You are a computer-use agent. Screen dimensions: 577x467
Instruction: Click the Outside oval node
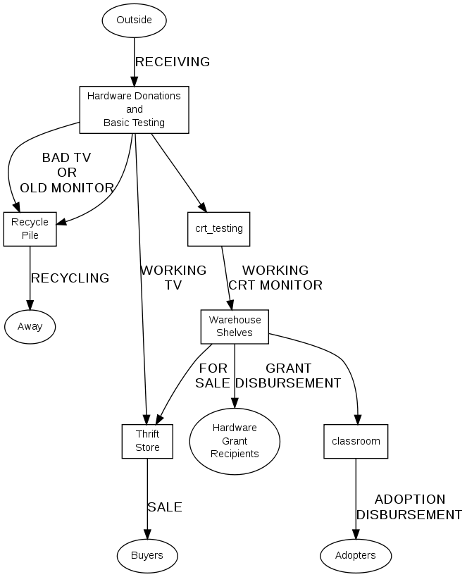[x=134, y=20]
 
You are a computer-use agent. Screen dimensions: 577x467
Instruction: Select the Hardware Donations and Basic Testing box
[x=134, y=109]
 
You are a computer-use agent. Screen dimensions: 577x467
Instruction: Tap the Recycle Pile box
[x=30, y=229]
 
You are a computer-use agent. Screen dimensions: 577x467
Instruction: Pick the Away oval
[x=30, y=326]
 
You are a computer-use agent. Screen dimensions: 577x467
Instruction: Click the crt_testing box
[x=218, y=228]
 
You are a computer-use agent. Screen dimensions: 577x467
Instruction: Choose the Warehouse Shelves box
[x=235, y=326]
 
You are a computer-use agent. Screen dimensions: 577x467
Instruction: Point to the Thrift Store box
[x=147, y=441]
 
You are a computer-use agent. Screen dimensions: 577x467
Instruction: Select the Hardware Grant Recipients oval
[x=235, y=440]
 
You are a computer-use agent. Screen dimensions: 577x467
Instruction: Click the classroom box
[x=356, y=441]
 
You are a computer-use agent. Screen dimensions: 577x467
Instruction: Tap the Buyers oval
[x=147, y=555]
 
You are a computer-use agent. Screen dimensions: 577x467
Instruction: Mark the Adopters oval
[x=356, y=555]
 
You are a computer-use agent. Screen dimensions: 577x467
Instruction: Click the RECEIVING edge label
[x=173, y=62]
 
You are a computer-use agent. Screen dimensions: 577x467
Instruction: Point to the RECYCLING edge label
[x=70, y=278]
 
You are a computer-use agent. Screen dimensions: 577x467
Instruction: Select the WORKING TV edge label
[x=173, y=278]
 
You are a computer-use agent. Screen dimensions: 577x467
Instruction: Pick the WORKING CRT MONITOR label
[x=275, y=278]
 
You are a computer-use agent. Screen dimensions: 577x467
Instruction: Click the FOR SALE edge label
[x=213, y=376]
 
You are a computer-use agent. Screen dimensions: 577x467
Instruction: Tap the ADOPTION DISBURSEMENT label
[x=409, y=507]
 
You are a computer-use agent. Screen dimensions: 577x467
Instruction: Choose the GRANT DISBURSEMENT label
[x=288, y=376]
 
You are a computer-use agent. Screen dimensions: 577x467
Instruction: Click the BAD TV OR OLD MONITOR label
[x=66, y=173]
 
